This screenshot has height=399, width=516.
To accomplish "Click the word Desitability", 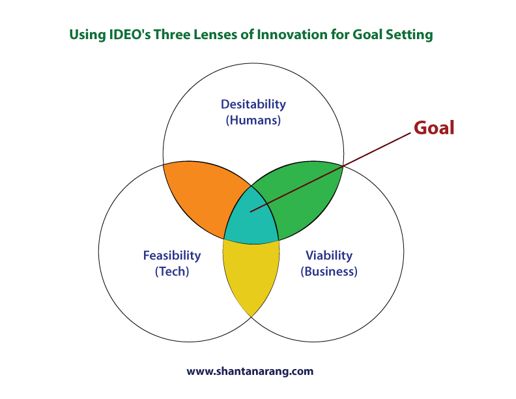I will pyautogui.click(x=253, y=104).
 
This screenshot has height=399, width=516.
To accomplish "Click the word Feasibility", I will pyautogui.click(x=172, y=256).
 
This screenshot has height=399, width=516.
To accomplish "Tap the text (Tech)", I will pyautogui.click(x=172, y=271).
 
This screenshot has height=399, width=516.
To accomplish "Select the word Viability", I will pyautogui.click(x=329, y=256).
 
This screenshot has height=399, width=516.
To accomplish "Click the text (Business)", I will pyautogui.click(x=329, y=271).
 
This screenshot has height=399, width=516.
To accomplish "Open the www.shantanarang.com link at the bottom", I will pyautogui.click(x=250, y=372).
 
